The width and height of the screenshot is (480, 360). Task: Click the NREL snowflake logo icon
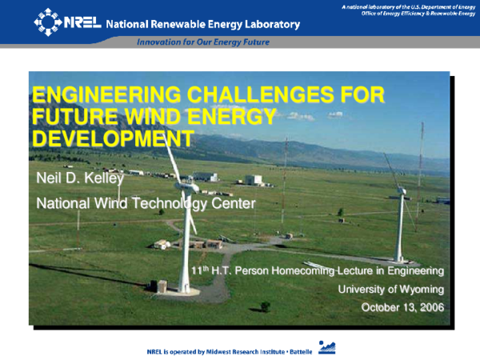(x=47, y=22)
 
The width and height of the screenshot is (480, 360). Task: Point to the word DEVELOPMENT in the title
(x=112, y=138)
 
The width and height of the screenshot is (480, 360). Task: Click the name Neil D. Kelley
(x=80, y=177)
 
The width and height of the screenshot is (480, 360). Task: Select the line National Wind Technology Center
(x=146, y=203)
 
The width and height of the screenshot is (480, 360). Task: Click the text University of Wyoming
(x=390, y=289)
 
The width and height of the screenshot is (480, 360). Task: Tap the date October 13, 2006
(x=402, y=307)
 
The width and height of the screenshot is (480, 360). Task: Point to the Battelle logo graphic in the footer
(x=326, y=346)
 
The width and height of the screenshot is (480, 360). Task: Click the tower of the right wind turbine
(x=399, y=228)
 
